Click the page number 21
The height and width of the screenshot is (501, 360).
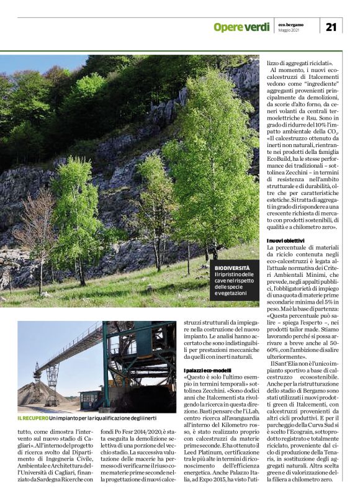331,26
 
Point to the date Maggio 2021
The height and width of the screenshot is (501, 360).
289,30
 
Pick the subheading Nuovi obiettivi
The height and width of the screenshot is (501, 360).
286,240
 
